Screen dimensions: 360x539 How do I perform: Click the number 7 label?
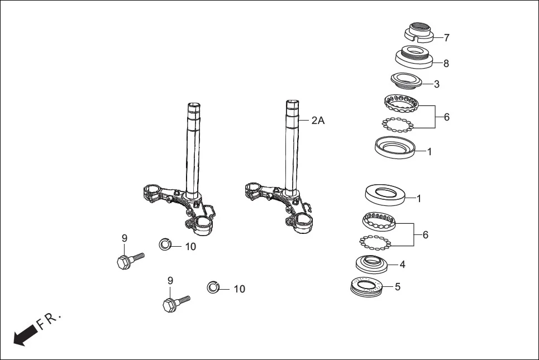pos(446,38)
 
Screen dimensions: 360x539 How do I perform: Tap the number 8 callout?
pos(446,64)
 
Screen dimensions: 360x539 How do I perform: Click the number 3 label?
pos(436,84)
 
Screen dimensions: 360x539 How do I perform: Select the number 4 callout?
pos(402,265)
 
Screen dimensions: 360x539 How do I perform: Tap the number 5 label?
pos(397,287)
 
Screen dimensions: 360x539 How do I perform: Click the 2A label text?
pos(317,121)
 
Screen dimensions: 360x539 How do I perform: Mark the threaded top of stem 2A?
pos(293,106)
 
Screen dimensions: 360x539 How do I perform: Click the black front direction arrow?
pos(24,335)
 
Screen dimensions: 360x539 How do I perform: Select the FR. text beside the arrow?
pos(49,321)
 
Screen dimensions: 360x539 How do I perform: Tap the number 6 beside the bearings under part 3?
pos(446,118)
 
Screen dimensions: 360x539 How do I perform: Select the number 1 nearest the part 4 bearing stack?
pos(418,198)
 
